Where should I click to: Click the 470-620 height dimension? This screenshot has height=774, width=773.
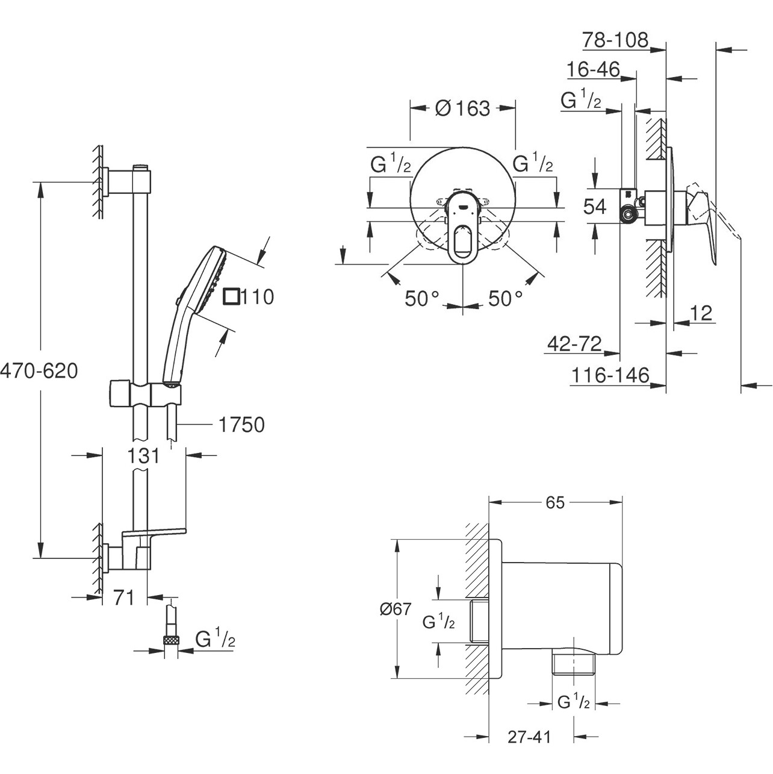point(39,371)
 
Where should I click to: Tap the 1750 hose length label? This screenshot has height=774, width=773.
point(241,425)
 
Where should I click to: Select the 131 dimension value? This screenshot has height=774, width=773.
point(144,456)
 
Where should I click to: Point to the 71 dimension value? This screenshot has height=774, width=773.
point(123,598)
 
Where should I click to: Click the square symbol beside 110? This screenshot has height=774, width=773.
point(231,296)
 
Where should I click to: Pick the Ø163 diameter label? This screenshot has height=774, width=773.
point(462,108)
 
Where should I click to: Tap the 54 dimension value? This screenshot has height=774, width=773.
point(595,207)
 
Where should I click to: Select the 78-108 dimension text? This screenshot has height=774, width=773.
point(615,40)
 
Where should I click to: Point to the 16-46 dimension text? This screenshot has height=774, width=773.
point(593,70)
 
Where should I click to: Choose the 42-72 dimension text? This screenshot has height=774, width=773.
point(574,343)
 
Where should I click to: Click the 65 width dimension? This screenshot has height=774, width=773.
point(555,502)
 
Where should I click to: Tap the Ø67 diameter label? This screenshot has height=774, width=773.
point(396,609)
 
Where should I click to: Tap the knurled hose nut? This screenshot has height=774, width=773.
point(172,640)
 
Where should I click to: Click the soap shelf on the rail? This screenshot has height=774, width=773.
point(155,532)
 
